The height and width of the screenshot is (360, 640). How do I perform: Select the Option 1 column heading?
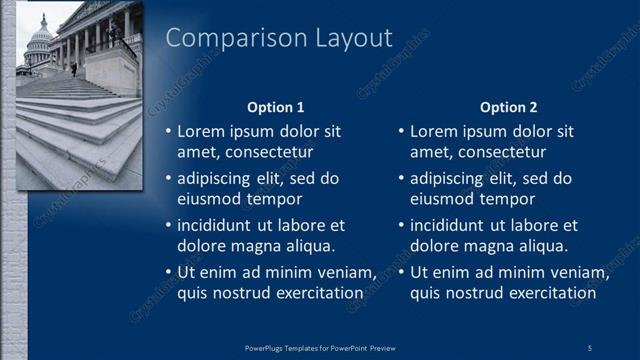tap(275, 107)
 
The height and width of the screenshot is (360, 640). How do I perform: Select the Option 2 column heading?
tap(508, 107)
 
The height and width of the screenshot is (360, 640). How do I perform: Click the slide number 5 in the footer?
tap(589, 347)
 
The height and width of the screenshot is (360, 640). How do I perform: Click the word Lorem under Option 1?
tap(199, 131)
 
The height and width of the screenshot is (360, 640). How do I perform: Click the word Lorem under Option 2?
tap(432, 131)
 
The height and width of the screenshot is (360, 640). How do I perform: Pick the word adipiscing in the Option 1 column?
tap(218, 179)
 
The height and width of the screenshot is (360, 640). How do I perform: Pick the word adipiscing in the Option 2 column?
tap(451, 179)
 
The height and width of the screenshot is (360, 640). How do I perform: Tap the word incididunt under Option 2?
tap(453, 226)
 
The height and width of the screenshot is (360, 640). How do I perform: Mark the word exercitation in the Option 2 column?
tap(554, 293)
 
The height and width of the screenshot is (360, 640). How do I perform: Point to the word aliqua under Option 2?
tap(544, 245)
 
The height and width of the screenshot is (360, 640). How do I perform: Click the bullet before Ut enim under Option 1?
tap(168, 273)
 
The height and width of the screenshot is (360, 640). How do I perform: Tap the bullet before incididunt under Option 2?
tap(401, 226)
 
